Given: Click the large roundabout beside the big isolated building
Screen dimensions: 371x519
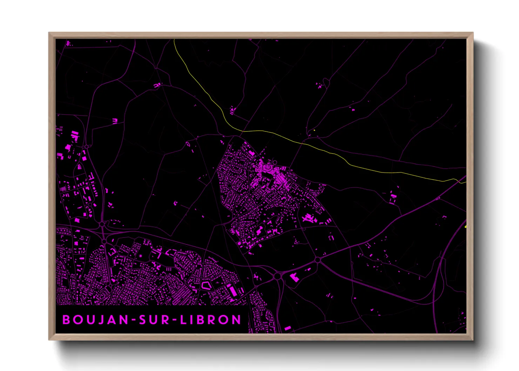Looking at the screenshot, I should (x=277, y=276).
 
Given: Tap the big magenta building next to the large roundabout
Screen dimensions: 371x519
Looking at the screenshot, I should (x=294, y=278).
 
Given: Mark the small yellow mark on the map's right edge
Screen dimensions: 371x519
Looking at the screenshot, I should (x=465, y=227).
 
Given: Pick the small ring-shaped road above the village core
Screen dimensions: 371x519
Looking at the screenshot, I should (x=275, y=162).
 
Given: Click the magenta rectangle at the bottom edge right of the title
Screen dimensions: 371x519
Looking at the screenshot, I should (x=288, y=329).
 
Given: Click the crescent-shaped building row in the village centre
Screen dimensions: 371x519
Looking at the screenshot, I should (x=268, y=170).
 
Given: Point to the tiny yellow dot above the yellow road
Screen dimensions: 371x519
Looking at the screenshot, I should (x=315, y=130).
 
